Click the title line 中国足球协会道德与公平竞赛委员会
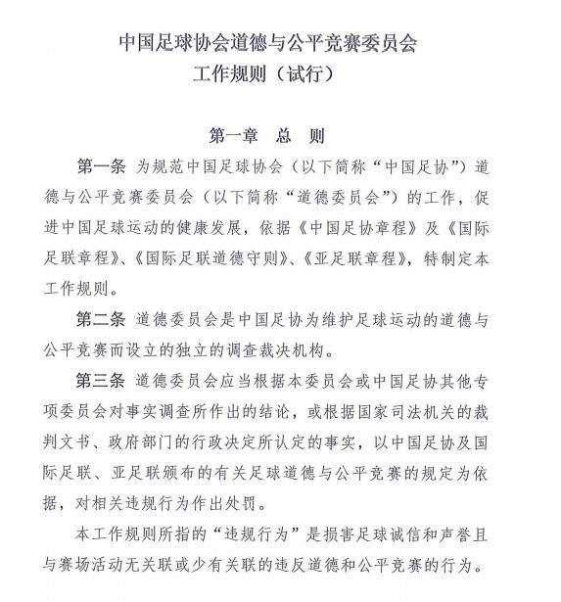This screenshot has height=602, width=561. (280, 44)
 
